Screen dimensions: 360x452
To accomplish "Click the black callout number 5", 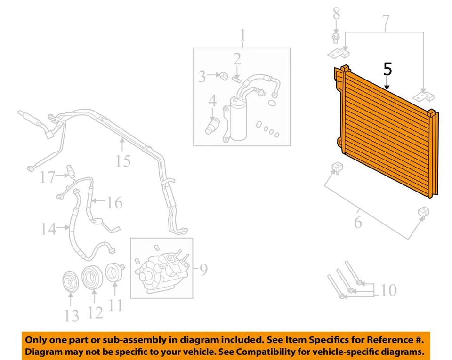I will (x=387, y=69).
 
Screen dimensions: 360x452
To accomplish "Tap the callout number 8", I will (x=336, y=13).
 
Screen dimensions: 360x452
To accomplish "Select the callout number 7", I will (x=386, y=21).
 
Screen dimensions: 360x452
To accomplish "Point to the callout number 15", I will (x=123, y=161).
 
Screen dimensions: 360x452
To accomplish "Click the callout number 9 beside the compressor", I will (x=203, y=270).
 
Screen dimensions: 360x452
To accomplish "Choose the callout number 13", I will (x=72, y=316).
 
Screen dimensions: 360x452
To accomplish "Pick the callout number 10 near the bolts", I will (x=389, y=290).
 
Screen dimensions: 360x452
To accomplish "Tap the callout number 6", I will (x=358, y=221).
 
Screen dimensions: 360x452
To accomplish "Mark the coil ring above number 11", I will (x=113, y=273).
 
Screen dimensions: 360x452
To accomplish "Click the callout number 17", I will (x=48, y=177).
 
